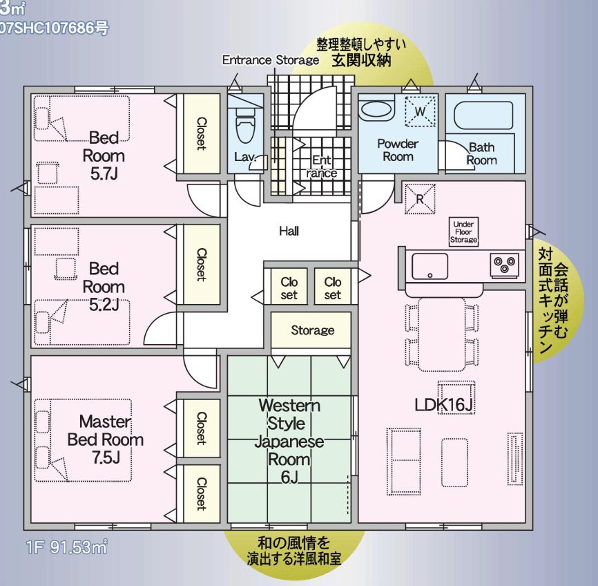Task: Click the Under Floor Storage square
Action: point(463,231)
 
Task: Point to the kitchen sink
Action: point(430,265)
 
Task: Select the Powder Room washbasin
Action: point(376,109)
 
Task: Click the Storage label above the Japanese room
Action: point(312,330)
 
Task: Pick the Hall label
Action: point(289,231)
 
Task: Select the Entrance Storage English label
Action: point(270,60)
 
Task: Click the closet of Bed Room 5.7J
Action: point(201,133)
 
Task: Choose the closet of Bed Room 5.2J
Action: point(201,264)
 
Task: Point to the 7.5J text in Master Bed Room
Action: point(106,457)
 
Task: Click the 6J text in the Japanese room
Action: point(289,477)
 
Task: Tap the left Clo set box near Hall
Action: point(289,288)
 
